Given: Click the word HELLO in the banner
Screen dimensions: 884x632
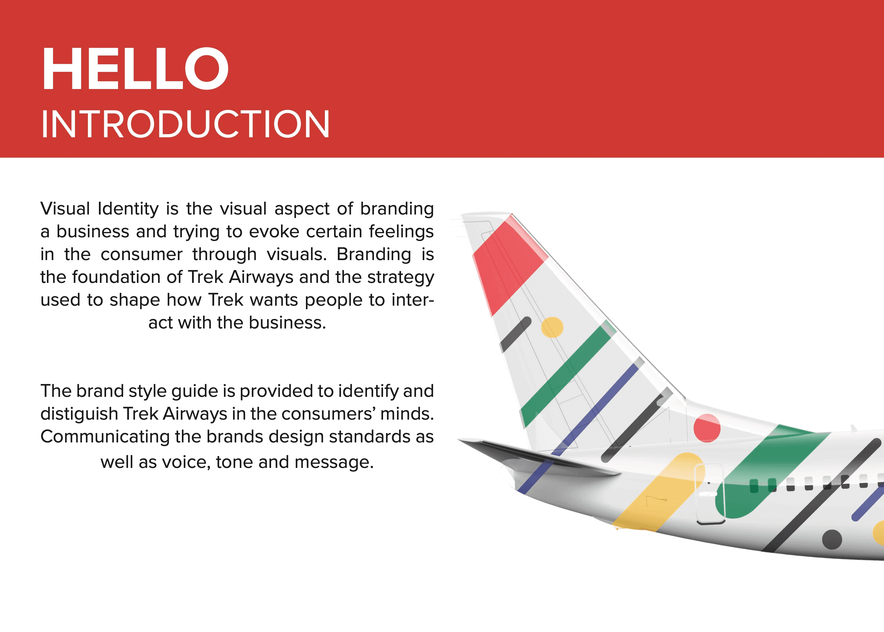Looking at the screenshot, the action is click(x=135, y=69).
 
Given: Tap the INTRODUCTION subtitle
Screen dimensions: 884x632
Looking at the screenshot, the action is click(x=185, y=124).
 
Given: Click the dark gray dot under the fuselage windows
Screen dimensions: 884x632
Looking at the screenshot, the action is click(x=832, y=539).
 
